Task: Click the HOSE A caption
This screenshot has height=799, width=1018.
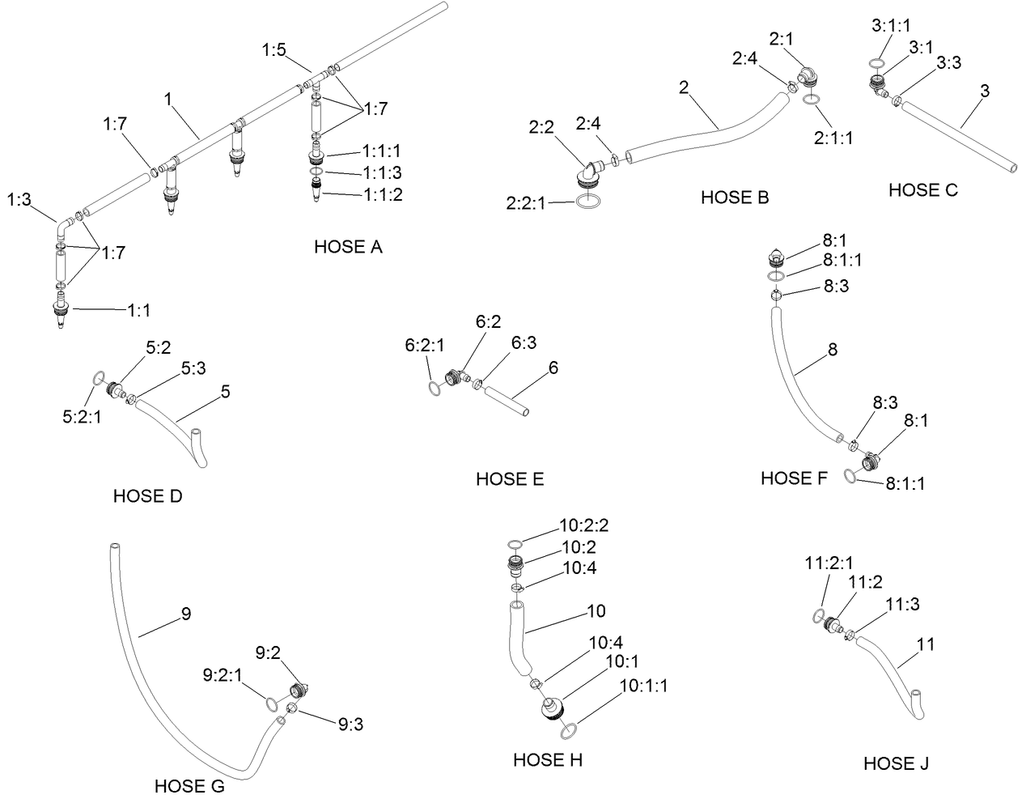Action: (348, 247)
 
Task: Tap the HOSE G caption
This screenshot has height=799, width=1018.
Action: (189, 786)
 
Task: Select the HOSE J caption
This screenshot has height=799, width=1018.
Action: (896, 763)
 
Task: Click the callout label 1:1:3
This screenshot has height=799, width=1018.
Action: (382, 173)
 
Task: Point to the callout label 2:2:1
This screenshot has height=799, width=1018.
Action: (526, 203)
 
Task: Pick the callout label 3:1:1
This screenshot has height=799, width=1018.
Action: (891, 26)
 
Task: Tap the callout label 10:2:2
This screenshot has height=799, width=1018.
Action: (584, 525)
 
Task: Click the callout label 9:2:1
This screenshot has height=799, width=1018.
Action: (223, 675)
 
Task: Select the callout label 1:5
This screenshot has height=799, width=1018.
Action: (274, 49)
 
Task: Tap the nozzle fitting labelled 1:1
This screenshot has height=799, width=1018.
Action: (61, 310)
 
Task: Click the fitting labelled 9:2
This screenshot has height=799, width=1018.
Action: (299, 691)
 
